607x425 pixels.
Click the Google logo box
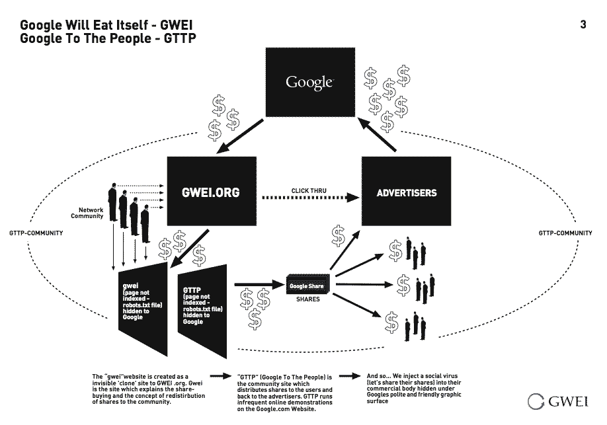click(x=310, y=82)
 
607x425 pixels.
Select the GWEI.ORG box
click(x=212, y=191)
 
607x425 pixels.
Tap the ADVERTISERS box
click(x=406, y=191)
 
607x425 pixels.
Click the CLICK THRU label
click(x=309, y=191)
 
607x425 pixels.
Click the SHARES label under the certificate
click(x=307, y=299)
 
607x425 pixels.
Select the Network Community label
click(x=87, y=213)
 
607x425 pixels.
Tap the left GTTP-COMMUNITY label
click(x=36, y=233)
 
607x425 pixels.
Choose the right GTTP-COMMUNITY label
click(x=565, y=233)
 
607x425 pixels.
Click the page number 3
click(x=583, y=24)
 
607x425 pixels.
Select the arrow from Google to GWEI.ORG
click(x=240, y=136)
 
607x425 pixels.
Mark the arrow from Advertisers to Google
click(x=377, y=134)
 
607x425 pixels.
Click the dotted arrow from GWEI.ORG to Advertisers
click(x=311, y=198)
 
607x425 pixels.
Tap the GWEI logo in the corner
click(x=558, y=401)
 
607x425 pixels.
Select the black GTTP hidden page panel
click(x=202, y=311)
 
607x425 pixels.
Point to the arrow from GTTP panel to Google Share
click(x=260, y=284)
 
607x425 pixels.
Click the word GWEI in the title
click(x=176, y=24)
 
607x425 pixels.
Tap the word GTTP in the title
click(x=180, y=38)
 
